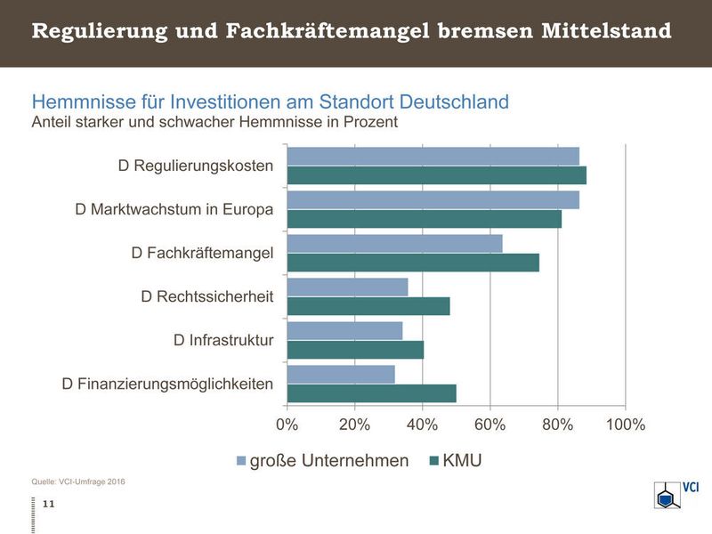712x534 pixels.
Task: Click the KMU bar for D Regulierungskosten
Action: point(436,175)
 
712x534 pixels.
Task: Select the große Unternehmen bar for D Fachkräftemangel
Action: point(394,243)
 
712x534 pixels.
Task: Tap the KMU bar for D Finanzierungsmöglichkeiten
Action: point(371,393)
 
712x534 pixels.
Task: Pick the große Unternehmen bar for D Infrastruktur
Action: point(344,331)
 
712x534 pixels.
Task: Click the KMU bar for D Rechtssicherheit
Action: point(368,306)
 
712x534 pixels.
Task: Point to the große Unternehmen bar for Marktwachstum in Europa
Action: point(433,199)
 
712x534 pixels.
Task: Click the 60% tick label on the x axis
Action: point(489,425)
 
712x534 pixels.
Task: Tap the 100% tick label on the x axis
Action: point(625,425)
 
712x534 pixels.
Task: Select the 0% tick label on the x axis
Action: point(287,425)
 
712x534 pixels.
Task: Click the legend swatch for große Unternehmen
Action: point(240,460)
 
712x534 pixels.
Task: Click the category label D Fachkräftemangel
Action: point(202,253)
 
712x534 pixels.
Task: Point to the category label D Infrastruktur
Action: point(223,340)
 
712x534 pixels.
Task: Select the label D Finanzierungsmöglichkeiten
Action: point(167,384)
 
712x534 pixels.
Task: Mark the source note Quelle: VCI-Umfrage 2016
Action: point(78,481)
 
